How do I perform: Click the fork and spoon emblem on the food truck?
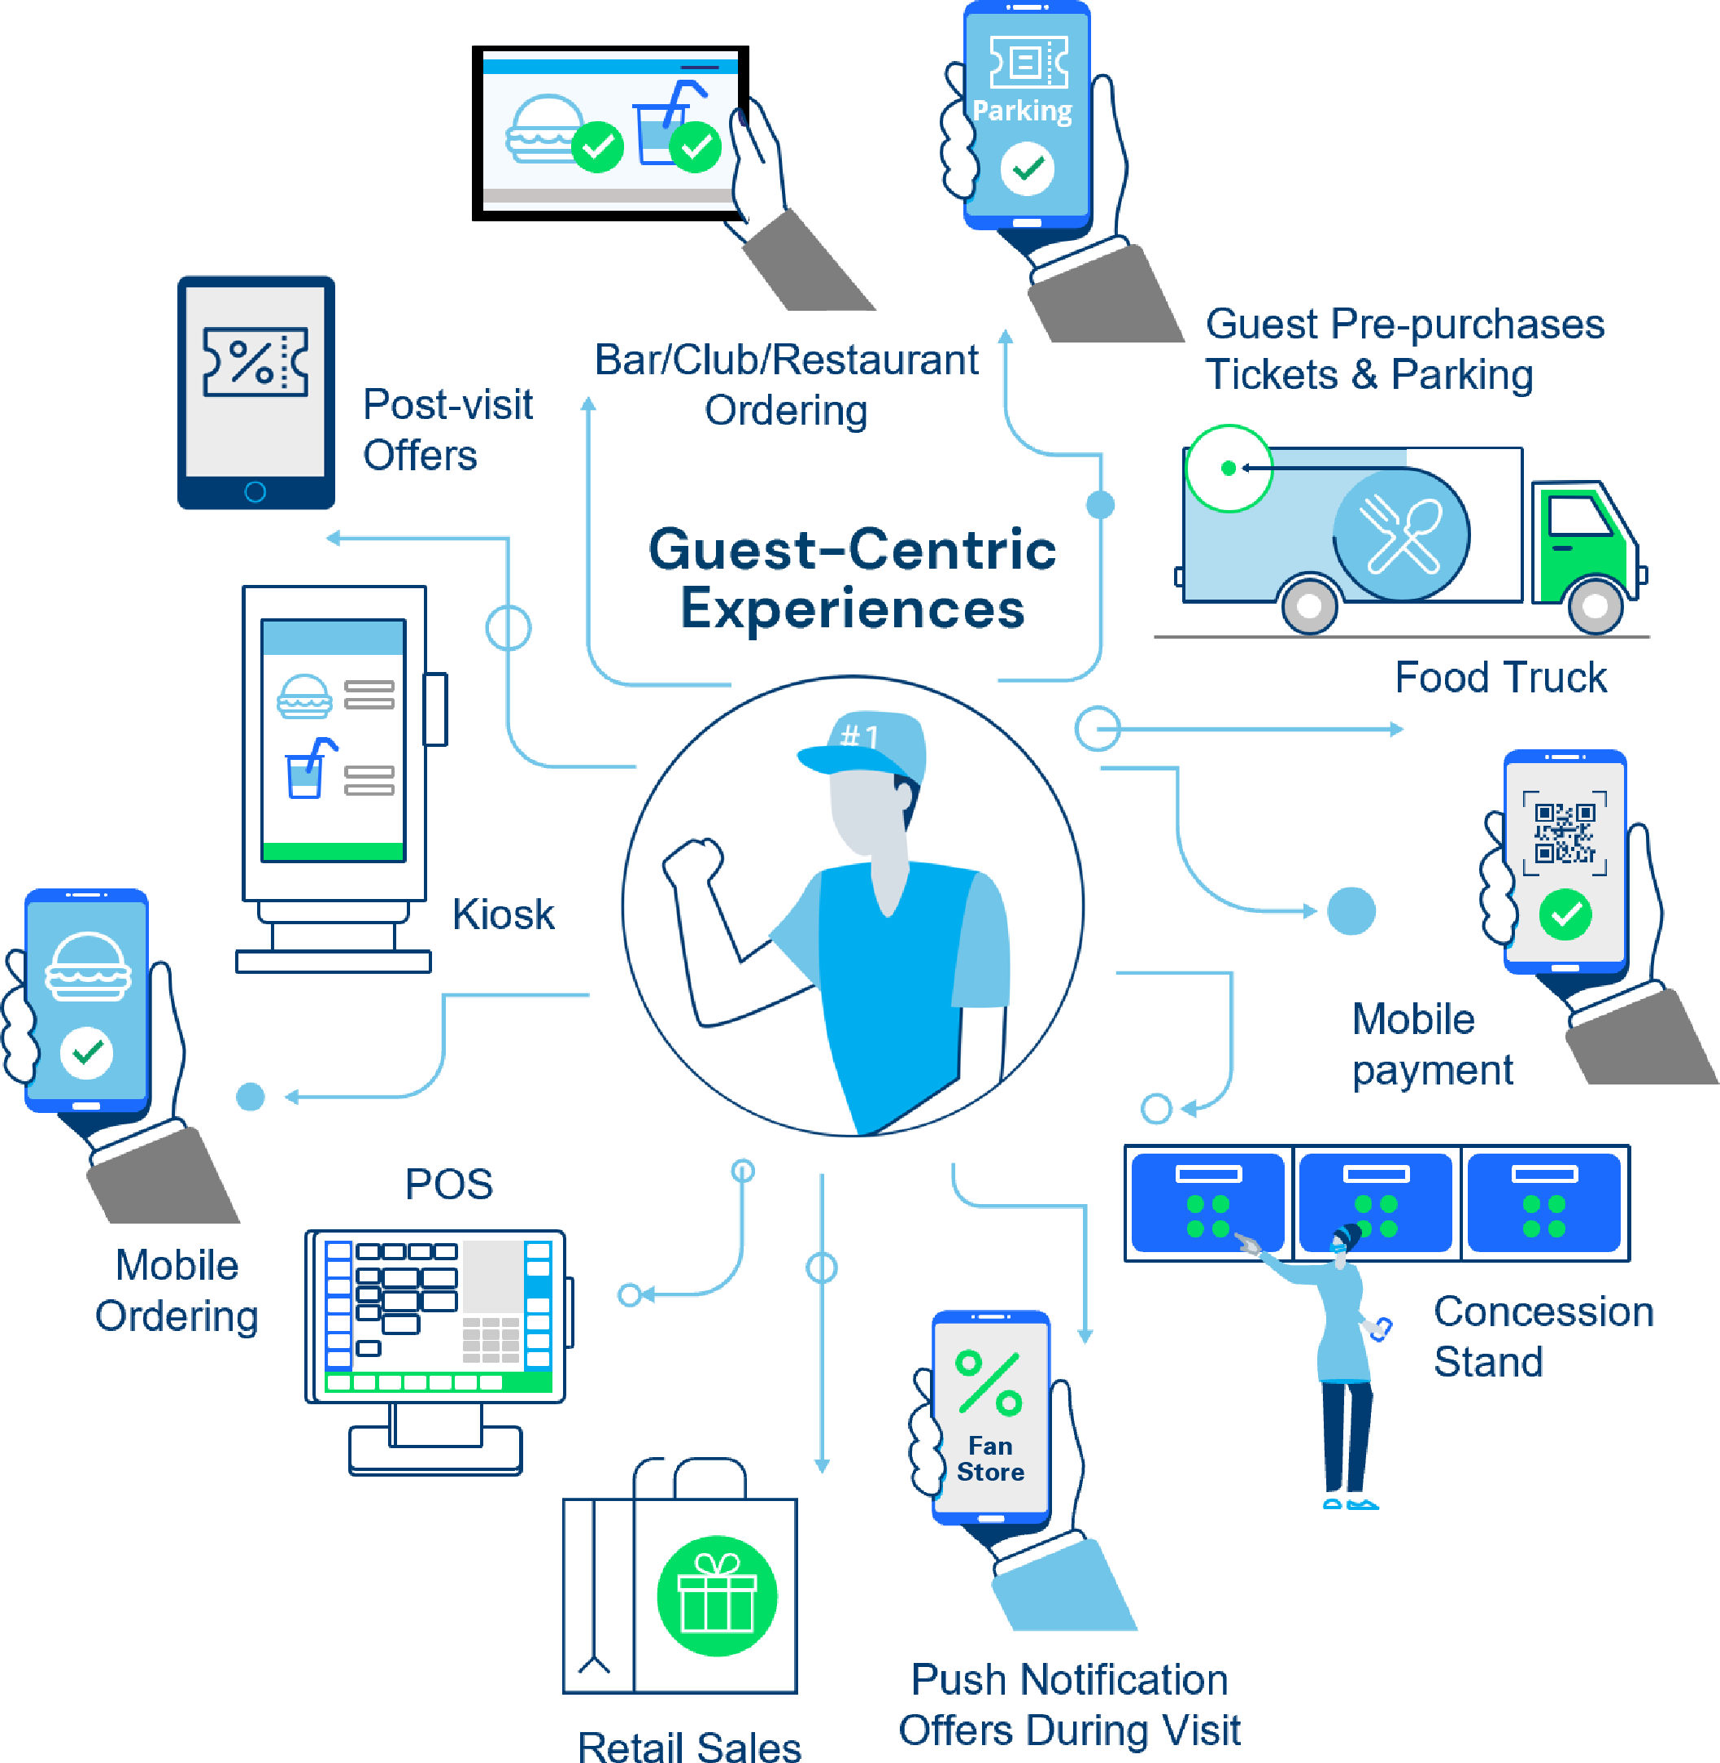[1402, 535]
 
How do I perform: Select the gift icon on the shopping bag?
[716, 1595]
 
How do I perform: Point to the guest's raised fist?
[694, 861]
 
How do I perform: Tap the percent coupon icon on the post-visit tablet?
[255, 362]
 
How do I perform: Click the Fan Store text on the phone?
[990, 1459]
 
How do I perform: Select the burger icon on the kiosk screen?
[304, 696]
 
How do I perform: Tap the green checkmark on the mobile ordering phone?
[87, 1052]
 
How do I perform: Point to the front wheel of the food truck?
[1595, 606]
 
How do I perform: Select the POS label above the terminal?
[449, 1184]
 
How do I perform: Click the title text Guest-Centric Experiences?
[852, 578]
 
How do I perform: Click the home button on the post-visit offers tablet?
[255, 492]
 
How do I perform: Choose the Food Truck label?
[1500, 678]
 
